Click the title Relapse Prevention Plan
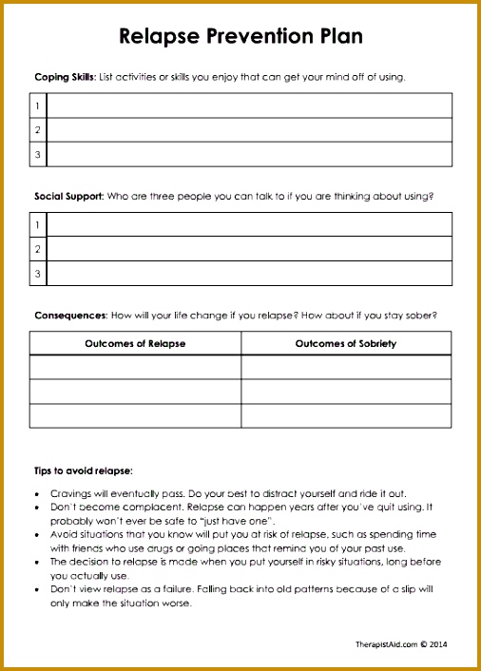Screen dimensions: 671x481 tap(240, 37)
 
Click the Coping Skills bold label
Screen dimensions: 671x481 tap(63, 77)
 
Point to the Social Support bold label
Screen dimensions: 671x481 tap(67, 197)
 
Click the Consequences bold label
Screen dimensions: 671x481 tap(70, 315)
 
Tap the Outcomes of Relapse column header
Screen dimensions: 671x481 tap(135, 343)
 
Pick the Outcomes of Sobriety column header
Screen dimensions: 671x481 tap(346, 343)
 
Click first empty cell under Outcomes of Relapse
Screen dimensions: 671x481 tap(135, 367)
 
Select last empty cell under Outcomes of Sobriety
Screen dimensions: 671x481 tap(346, 416)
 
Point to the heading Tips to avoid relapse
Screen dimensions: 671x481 tap(84, 470)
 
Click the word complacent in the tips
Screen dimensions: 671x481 tap(130, 508)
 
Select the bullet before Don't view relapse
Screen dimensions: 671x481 tap(36, 589)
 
